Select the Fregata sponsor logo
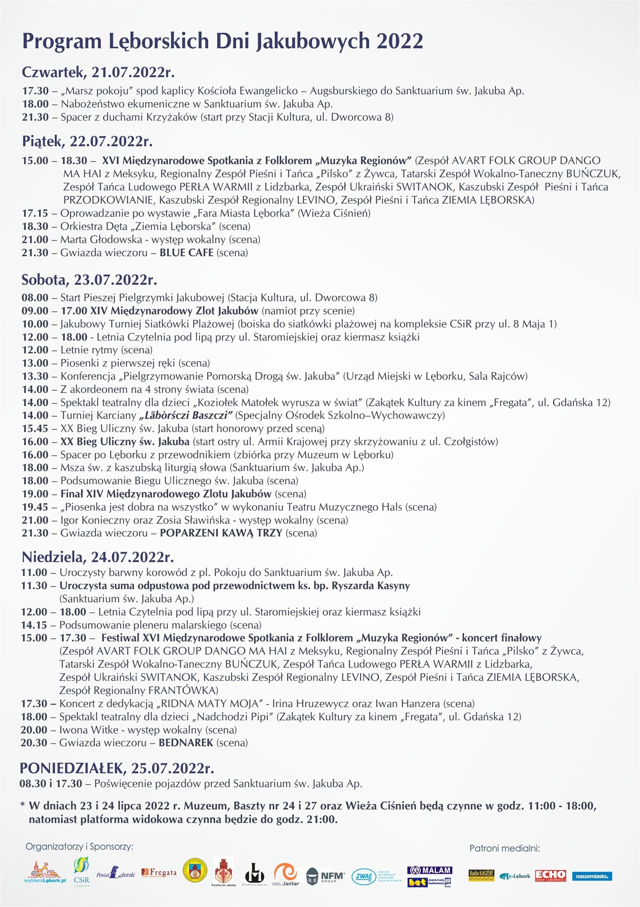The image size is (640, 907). [x=159, y=873]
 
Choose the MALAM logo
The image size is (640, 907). [x=430, y=870]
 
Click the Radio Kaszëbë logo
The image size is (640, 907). [x=481, y=875]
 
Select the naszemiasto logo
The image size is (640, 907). [x=592, y=876]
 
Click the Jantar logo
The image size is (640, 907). [x=286, y=874]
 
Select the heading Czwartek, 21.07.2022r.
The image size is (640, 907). [x=98, y=72]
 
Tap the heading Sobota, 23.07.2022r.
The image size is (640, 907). [x=89, y=280]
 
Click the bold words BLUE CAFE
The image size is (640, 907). [x=186, y=253]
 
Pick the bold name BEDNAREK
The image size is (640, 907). [x=186, y=743]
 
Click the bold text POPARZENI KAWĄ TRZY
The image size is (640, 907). [x=221, y=533]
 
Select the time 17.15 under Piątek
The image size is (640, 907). [x=35, y=213]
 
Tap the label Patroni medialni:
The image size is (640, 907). [x=504, y=848]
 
